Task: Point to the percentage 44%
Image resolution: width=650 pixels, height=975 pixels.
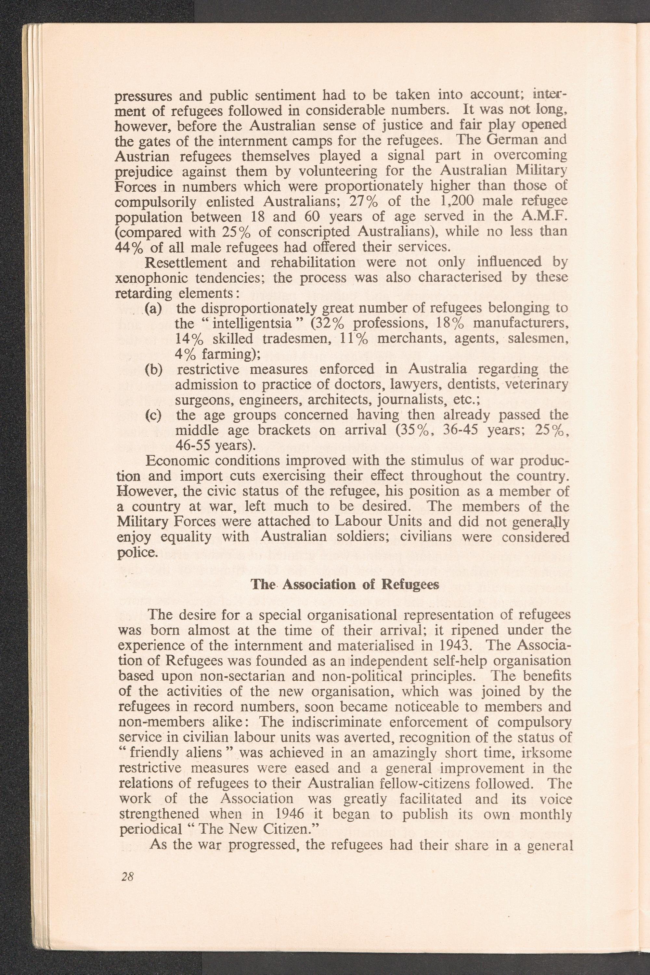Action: [128, 247]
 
